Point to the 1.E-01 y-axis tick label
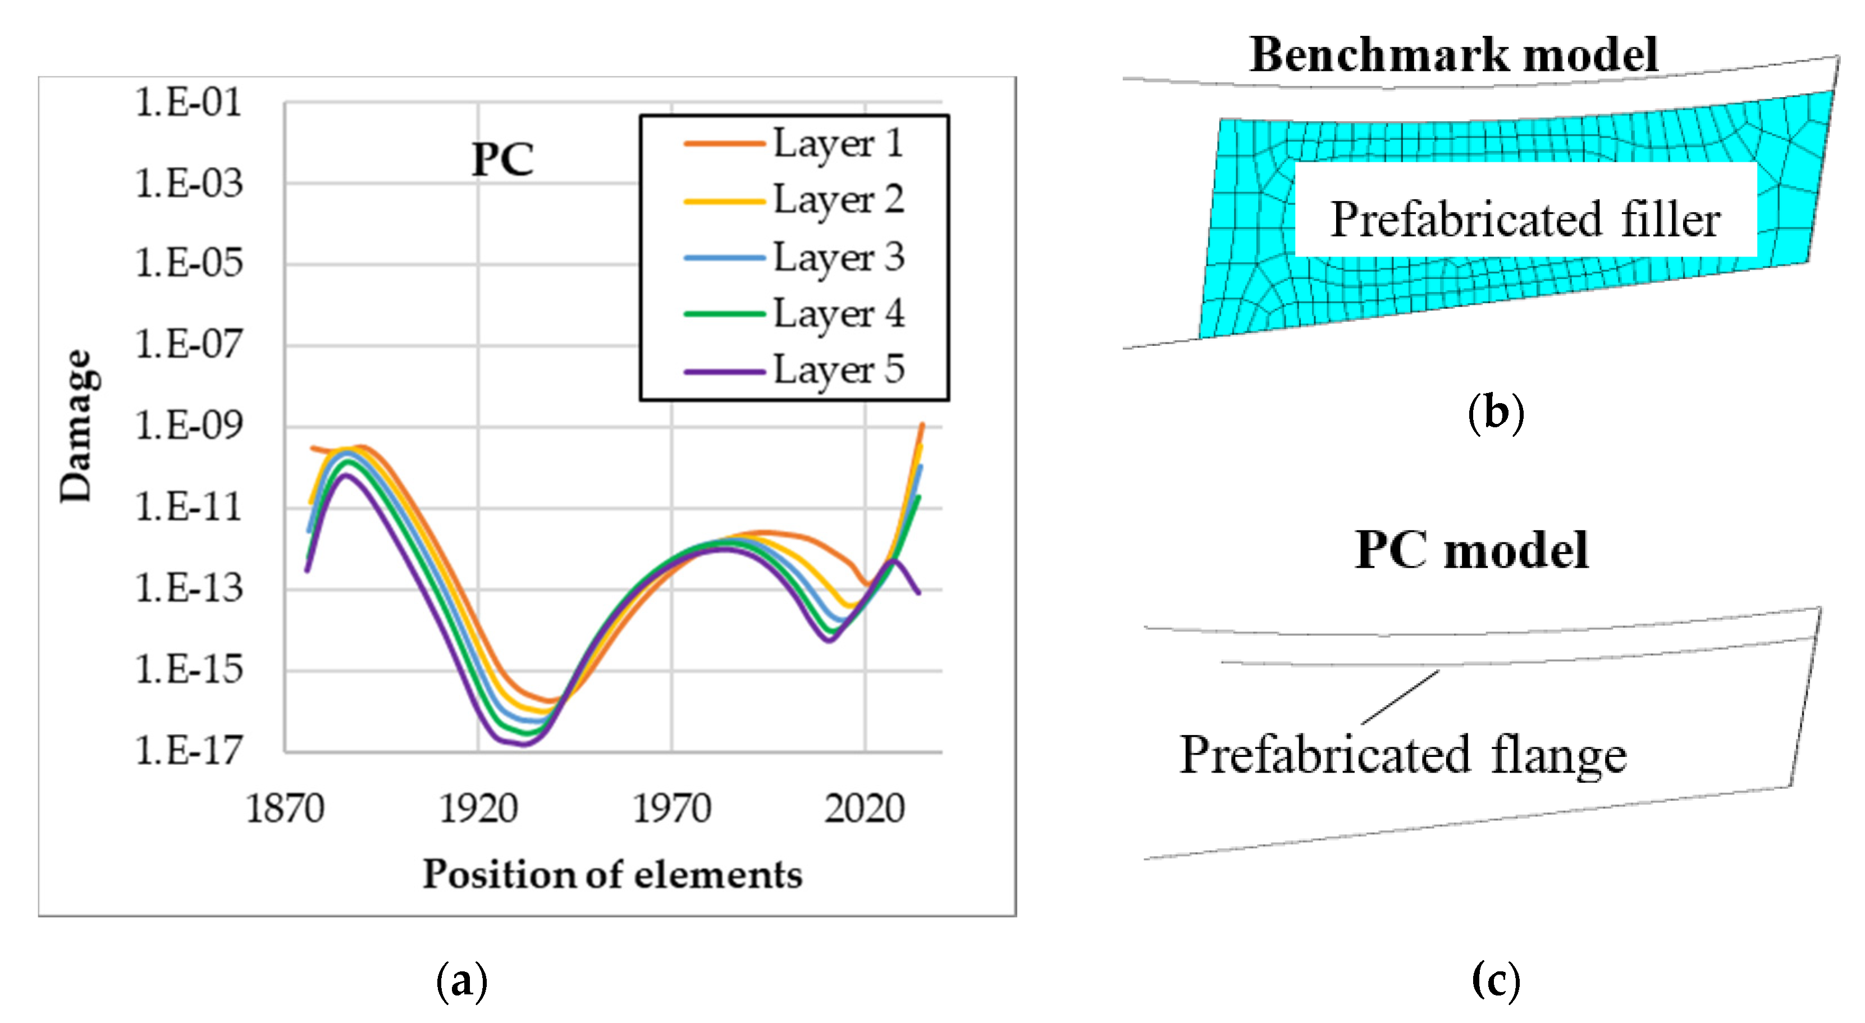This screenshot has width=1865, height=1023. click(x=188, y=102)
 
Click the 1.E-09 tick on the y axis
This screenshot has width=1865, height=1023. click(x=188, y=425)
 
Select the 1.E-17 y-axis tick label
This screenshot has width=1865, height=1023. click(x=188, y=750)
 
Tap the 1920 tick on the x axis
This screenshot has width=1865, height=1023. click(x=478, y=809)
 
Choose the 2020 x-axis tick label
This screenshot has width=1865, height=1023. click(x=865, y=809)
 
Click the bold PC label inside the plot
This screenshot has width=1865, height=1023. click(x=502, y=159)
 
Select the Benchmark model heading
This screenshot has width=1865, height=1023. click(x=1454, y=54)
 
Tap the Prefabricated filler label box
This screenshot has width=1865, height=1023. click(x=1525, y=218)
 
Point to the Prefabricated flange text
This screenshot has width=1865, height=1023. click(x=1403, y=755)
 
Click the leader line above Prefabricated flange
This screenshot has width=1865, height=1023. click(x=1400, y=697)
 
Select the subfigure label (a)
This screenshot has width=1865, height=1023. click(x=462, y=981)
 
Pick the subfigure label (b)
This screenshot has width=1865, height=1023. click(x=1496, y=413)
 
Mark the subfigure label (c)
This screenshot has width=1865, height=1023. click(x=1496, y=981)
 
